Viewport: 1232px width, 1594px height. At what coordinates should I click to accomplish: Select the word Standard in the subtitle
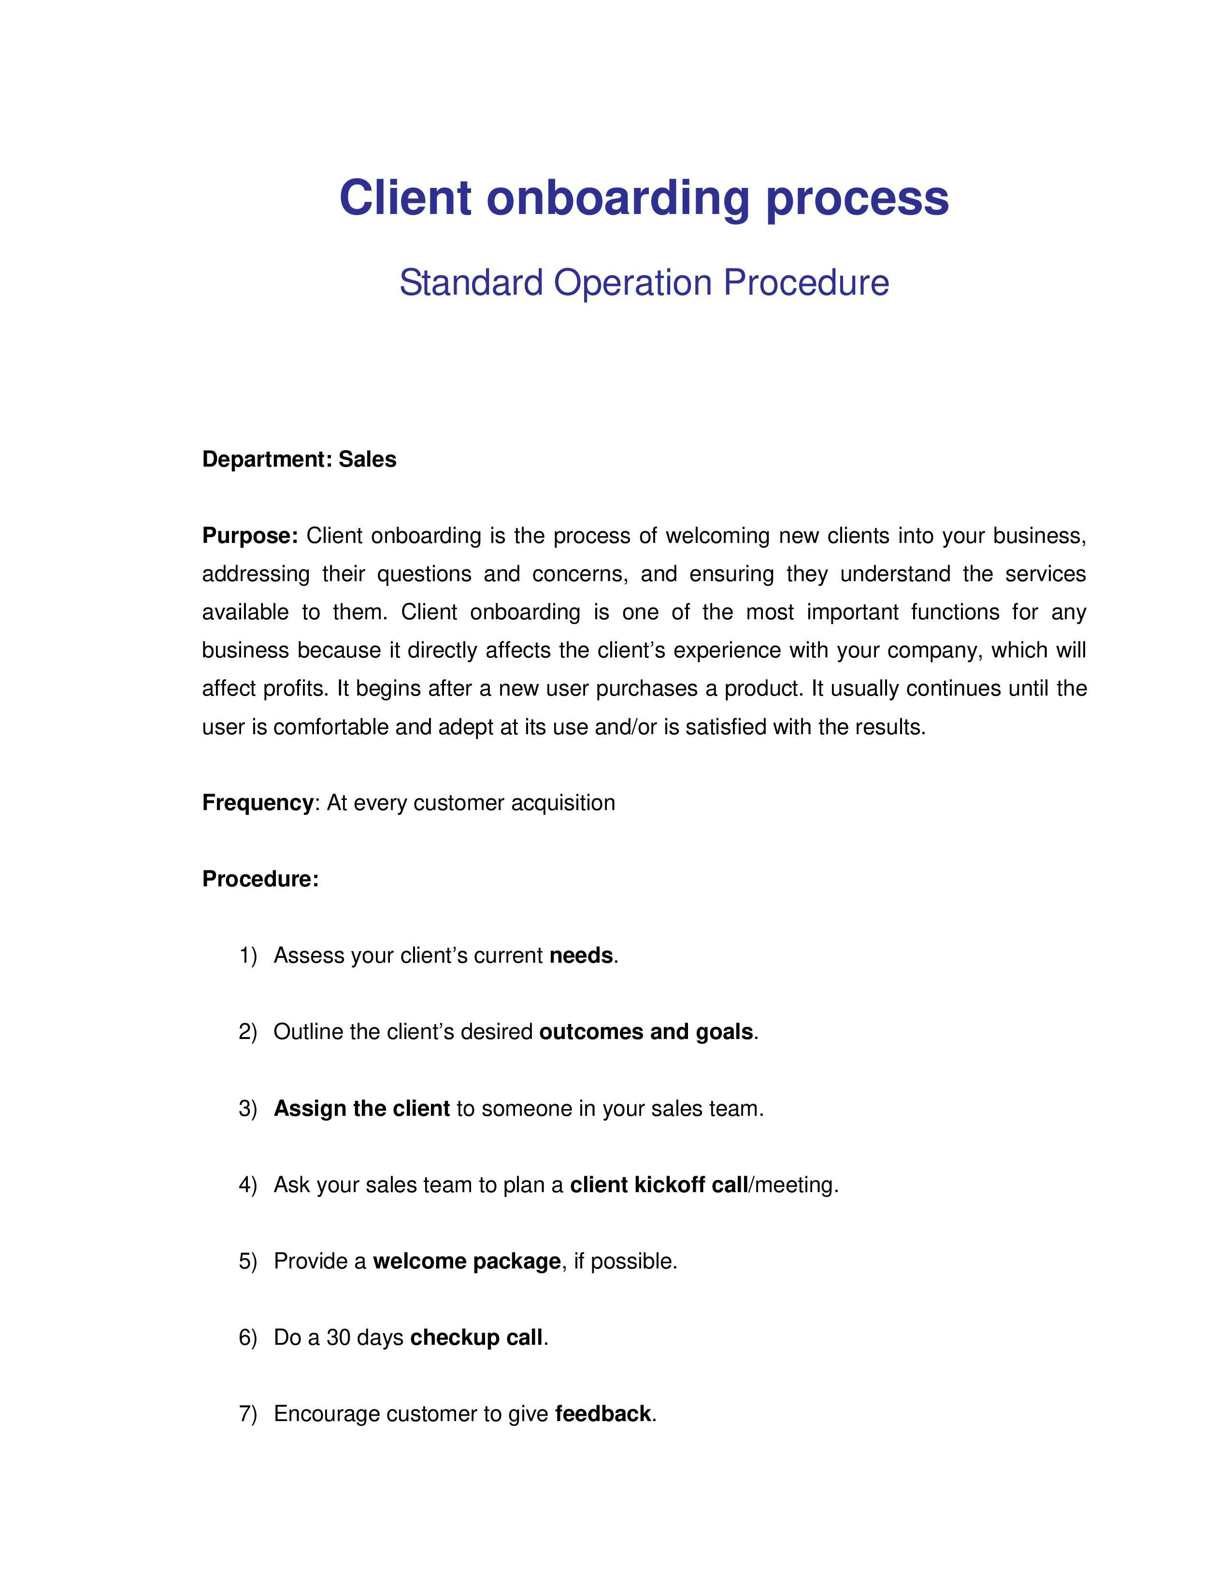point(471,283)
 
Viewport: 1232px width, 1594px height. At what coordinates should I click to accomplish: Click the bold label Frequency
point(258,803)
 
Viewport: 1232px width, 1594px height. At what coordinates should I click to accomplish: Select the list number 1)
point(248,955)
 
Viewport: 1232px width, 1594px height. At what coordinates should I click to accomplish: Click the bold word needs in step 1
point(581,955)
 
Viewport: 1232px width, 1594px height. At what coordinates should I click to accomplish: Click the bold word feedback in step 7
point(603,1414)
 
